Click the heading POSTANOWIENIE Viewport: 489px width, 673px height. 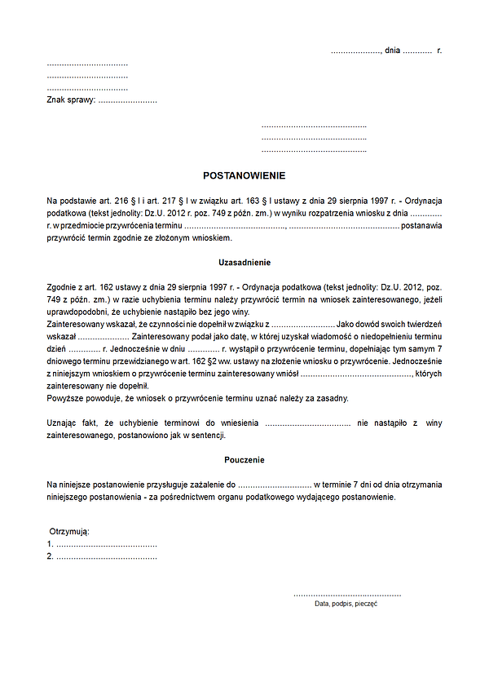pos(244,175)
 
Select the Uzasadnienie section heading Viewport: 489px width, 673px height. pos(244,263)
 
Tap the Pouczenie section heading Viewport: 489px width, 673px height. pos(244,460)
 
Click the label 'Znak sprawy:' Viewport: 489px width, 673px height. pos(71,100)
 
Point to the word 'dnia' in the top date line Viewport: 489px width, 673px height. pos(393,51)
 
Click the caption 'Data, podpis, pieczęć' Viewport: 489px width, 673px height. pos(346,604)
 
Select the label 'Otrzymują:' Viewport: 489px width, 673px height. pos(69,532)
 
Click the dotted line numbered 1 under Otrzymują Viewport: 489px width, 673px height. pos(106,544)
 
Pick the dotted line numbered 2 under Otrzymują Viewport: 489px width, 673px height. pos(106,556)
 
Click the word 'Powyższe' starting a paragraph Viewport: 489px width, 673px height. pos(64,398)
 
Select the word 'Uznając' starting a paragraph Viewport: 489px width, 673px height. pos(63,423)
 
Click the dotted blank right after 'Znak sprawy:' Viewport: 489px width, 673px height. pos(127,100)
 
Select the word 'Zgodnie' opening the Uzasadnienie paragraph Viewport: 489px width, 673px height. pos(63,287)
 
